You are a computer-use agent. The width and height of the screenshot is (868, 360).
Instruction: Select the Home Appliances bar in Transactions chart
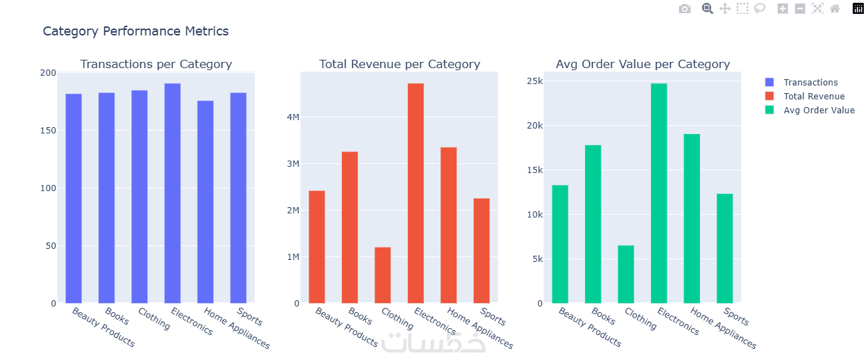click(x=206, y=202)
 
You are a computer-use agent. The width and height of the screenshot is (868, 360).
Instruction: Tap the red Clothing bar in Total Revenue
click(x=382, y=275)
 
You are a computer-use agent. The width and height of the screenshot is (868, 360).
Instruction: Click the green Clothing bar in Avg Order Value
click(x=625, y=274)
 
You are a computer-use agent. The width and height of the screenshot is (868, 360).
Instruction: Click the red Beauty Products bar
click(x=316, y=247)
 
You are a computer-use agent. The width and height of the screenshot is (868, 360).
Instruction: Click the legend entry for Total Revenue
click(x=813, y=97)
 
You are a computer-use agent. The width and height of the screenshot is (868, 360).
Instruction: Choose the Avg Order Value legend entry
click(x=819, y=111)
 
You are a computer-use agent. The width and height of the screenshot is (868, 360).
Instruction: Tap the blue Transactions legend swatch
click(x=769, y=83)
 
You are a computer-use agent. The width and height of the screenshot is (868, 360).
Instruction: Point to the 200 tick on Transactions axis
click(x=49, y=73)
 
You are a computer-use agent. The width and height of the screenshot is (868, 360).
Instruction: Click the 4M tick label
click(x=293, y=117)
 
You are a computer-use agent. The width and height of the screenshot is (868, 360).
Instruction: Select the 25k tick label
click(x=534, y=81)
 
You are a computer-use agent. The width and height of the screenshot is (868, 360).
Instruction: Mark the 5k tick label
click(x=537, y=259)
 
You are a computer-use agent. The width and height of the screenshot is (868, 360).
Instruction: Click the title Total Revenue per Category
click(x=399, y=64)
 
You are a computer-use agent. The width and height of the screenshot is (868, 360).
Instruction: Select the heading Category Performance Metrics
click(x=136, y=31)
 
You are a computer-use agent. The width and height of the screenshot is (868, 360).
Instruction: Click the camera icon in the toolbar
click(x=685, y=9)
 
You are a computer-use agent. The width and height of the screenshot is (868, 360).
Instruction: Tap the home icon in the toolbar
click(x=835, y=9)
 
